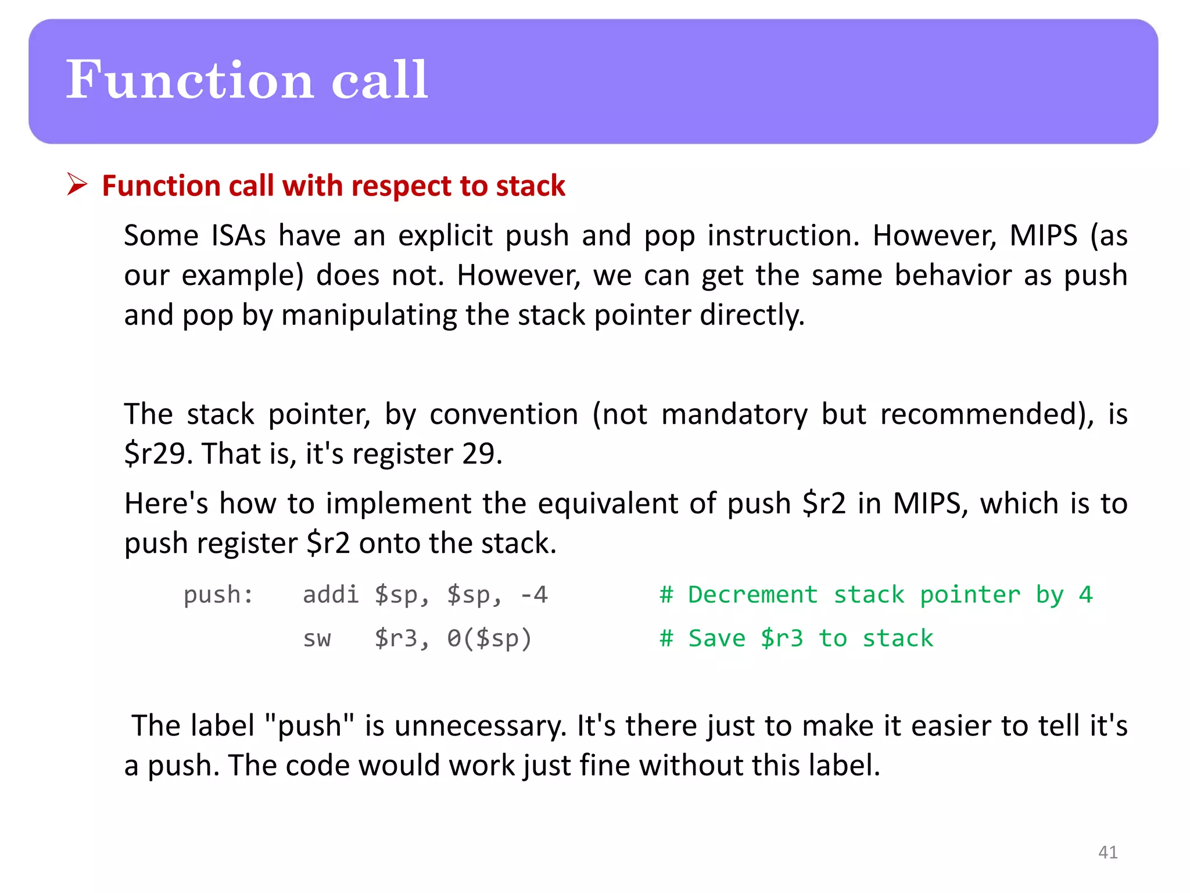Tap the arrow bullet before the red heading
[77, 184]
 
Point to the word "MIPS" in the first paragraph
[1043, 236]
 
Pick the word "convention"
[504, 415]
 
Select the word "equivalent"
[607, 503]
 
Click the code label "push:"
[218, 595]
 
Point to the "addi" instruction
[331, 595]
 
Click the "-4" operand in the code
[533, 595]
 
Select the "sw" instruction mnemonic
[317, 638]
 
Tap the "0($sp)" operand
[489, 638]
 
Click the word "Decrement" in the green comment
[753, 595]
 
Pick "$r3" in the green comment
[782, 638]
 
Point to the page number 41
[1107, 852]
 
